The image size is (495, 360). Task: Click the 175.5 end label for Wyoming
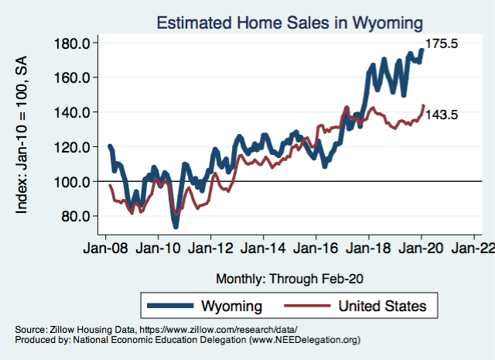tap(443, 44)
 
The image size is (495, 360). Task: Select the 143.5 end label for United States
tap(443, 115)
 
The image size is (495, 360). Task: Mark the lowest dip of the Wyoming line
tap(176, 226)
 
